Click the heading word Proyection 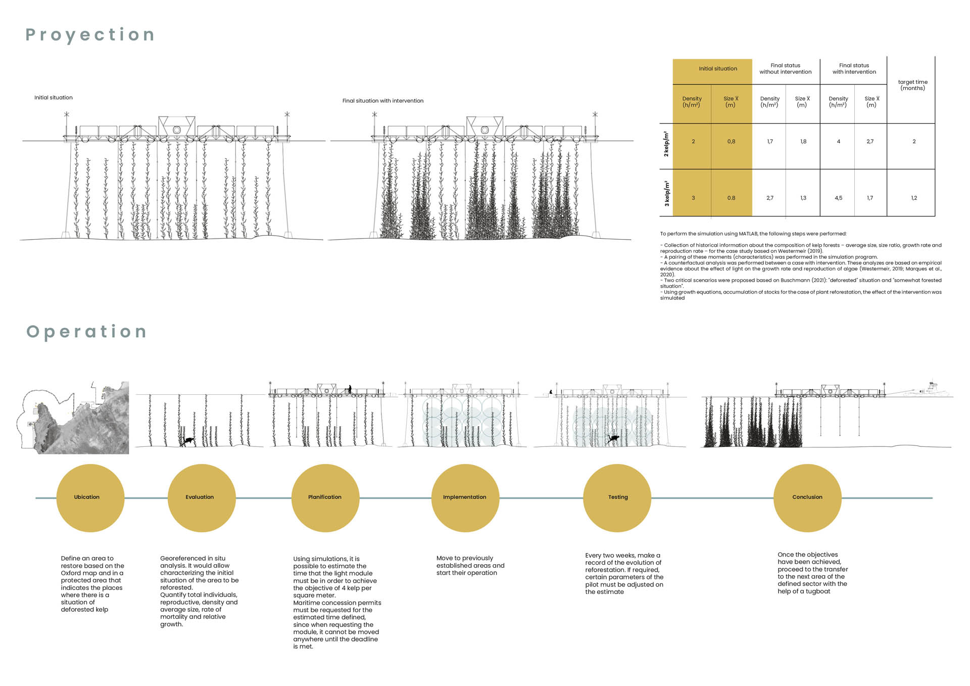[x=90, y=35]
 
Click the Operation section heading [x=86, y=332]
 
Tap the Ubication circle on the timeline [x=90, y=498]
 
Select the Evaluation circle [x=201, y=498]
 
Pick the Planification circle [x=325, y=498]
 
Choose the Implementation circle [x=465, y=498]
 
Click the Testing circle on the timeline [x=617, y=498]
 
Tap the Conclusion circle [x=807, y=498]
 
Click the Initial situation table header [x=717, y=69]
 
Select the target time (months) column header [x=912, y=85]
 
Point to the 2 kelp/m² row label [x=666, y=144]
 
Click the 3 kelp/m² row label [x=666, y=194]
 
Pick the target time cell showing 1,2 [x=913, y=198]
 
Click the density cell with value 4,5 [x=838, y=198]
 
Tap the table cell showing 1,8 [x=803, y=142]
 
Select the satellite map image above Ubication [x=76, y=418]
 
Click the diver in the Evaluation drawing [x=188, y=441]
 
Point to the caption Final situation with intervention [x=383, y=101]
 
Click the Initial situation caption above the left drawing [x=54, y=98]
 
